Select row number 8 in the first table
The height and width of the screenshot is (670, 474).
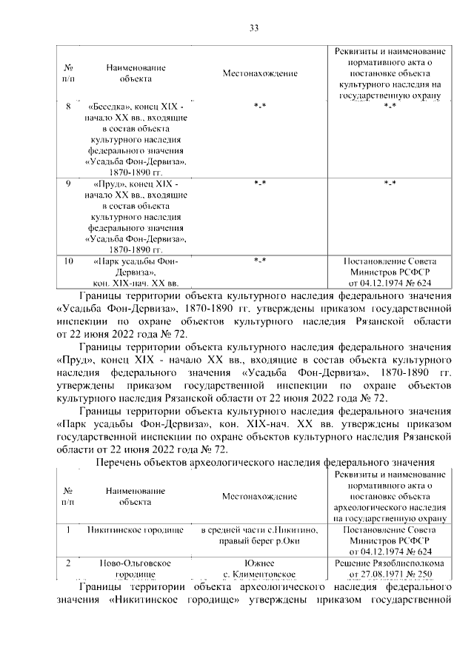68,107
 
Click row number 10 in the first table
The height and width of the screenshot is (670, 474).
68,261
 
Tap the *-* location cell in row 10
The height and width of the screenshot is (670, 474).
259,261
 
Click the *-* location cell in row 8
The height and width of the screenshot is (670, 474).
259,107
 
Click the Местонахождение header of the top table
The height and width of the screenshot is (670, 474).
259,74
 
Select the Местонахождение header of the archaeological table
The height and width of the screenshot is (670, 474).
259,496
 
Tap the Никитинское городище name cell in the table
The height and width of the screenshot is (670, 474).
135,530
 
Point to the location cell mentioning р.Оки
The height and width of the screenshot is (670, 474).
259,535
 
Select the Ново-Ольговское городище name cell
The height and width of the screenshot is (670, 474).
135,568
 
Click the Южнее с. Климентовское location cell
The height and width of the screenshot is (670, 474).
259,568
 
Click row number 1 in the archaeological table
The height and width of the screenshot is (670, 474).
68,530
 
